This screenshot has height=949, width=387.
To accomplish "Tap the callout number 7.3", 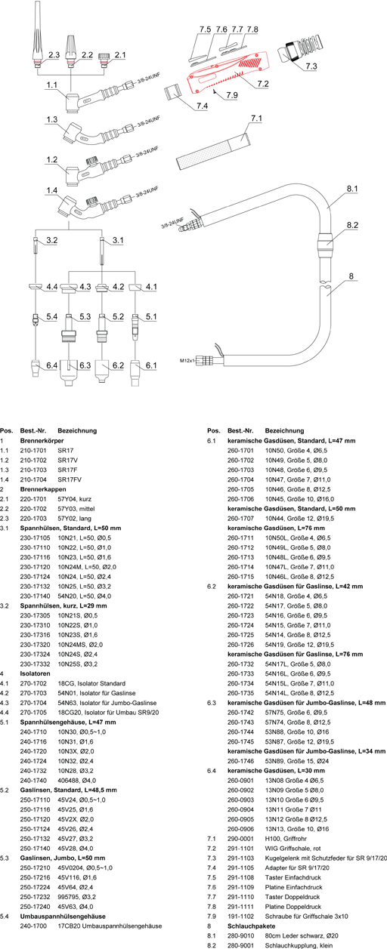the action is click(311, 66).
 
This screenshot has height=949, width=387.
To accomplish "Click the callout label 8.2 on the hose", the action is click(352, 225).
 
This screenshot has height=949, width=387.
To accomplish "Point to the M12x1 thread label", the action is click(187, 361).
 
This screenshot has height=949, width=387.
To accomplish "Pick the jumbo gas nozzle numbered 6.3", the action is click(68, 372).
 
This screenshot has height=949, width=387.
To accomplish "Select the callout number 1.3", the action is click(51, 119).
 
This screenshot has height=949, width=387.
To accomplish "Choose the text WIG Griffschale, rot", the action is click(293, 848).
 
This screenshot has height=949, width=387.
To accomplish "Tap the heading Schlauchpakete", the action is click(251, 926).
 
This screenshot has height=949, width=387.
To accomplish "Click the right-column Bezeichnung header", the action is click(284, 431).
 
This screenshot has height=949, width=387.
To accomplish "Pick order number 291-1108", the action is click(240, 877).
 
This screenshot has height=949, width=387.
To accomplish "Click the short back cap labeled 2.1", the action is click(103, 60).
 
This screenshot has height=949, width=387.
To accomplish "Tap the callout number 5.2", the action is click(118, 316).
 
